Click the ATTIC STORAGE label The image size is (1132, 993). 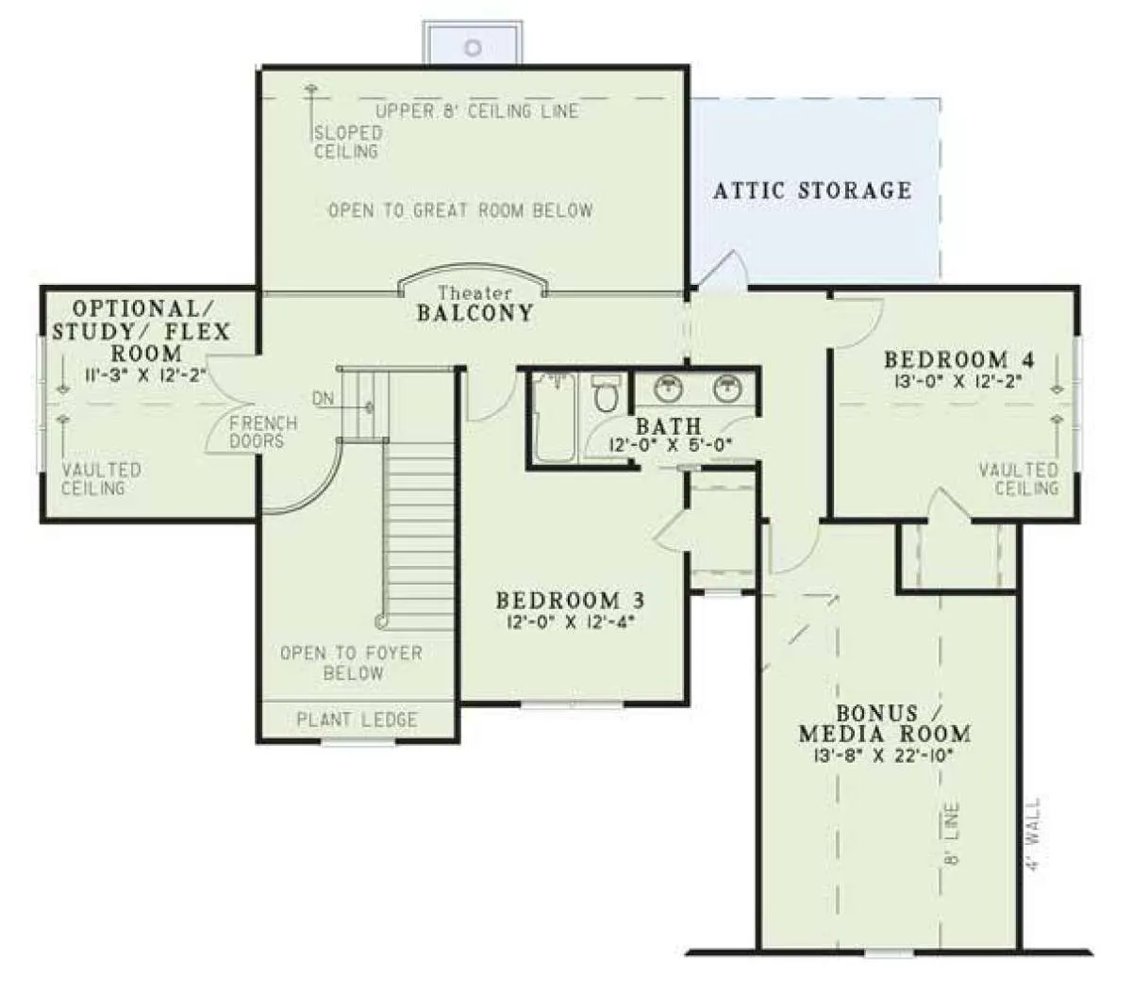[812, 190]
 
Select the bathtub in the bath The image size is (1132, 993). [555, 418]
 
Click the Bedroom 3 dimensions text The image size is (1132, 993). [571, 622]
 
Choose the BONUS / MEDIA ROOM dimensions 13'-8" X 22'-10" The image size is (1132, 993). [884, 755]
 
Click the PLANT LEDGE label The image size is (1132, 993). [357, 720]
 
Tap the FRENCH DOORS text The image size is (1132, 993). [262, 432]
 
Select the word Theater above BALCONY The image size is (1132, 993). [474, 292]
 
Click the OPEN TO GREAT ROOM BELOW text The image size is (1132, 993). [460, 210]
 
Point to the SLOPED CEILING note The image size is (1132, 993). [347, 141]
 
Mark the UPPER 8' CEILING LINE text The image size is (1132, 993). [476, 111]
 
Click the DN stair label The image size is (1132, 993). [323, 399]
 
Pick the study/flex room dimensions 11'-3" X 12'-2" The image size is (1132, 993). [145, 374]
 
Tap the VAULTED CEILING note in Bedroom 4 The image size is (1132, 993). [1018, 479]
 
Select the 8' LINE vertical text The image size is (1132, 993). [953, 834]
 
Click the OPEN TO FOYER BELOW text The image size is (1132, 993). [352, 662]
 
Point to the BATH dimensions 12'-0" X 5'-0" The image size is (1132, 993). [670, 445]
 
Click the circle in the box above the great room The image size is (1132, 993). [473, 48]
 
